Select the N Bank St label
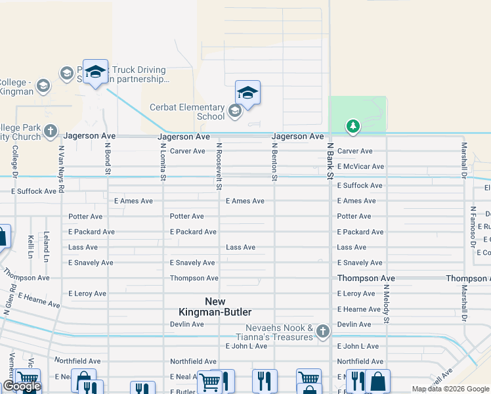[330, 161]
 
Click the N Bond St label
[108, 159]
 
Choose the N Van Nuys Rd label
[60, 169]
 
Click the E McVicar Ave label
[360, 167]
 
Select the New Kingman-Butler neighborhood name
[219, 307]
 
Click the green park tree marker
[353, 125]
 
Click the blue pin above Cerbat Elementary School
[247, 92]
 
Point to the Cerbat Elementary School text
[188, 112]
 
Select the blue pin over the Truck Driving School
[95, 72]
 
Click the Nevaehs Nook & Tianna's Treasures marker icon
[322, 332]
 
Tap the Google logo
[22, 386]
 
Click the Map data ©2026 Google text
[450, 389]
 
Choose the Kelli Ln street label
[31, 246]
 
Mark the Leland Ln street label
[47, 244]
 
